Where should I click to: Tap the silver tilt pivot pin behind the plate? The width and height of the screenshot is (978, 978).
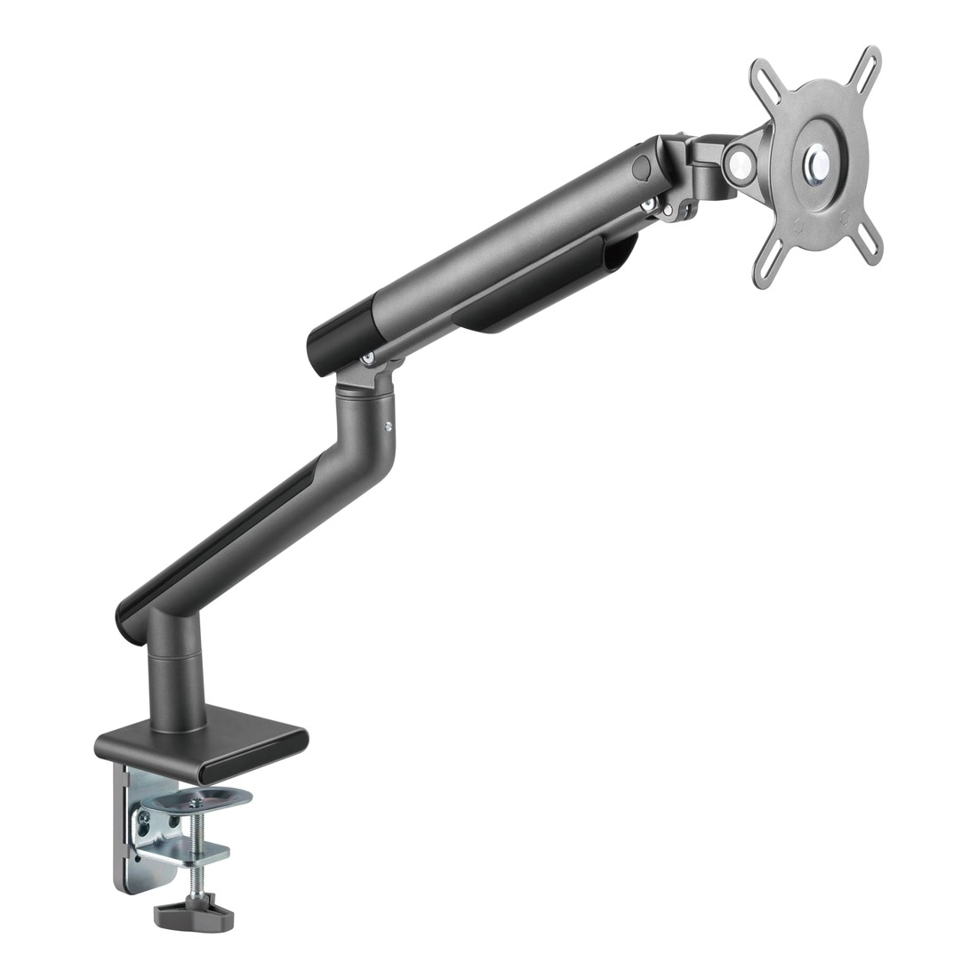(x=736, y=162)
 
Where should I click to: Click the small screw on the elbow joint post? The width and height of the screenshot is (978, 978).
(x=389, y=425)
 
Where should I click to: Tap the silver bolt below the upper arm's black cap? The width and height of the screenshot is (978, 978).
(x=367, y=357)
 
